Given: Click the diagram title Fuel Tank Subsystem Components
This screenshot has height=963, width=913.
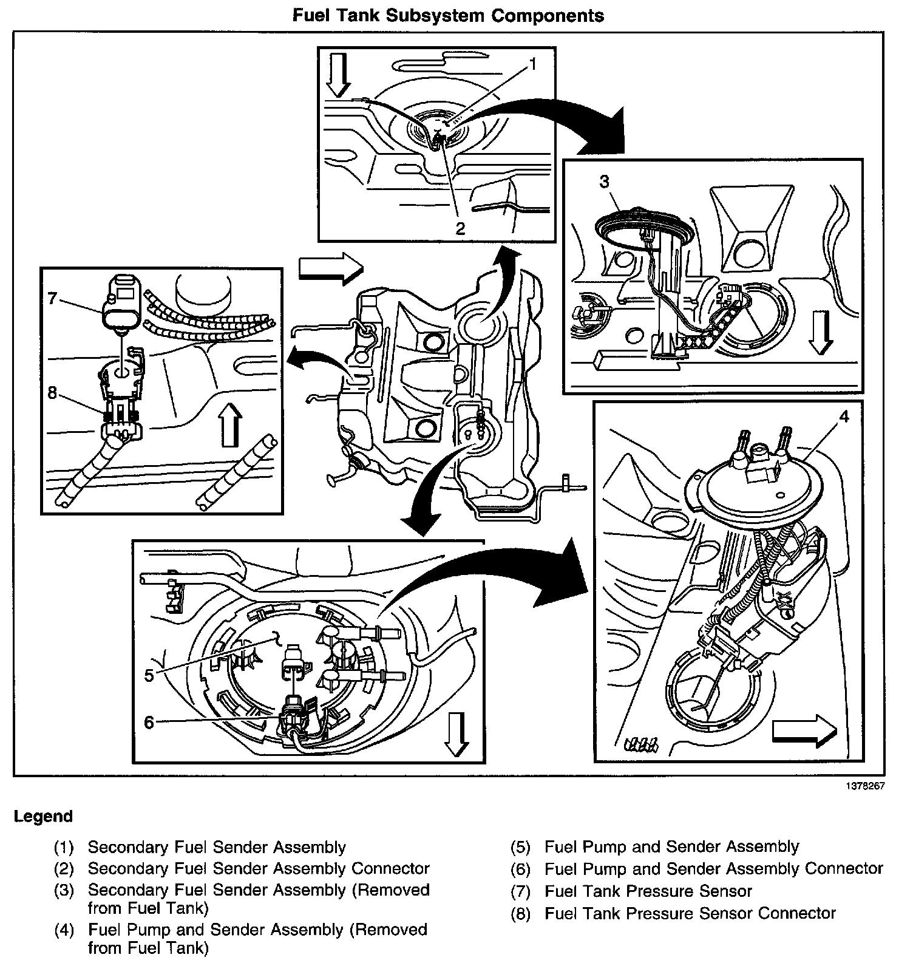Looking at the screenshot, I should tap(448, 15).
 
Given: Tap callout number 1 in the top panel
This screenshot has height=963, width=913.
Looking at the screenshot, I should tap(532, 64).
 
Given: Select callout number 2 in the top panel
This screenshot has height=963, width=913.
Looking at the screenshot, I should tap(460, 228).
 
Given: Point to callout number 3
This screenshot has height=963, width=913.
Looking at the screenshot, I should tap(604, 181).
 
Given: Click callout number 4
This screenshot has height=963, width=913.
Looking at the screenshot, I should tap(844, 417).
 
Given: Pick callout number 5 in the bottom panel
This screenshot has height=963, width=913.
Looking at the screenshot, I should tap(149, 675).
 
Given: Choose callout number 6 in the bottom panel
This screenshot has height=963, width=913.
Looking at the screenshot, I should tap(149, 723).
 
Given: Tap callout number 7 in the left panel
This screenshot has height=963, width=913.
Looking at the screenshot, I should tap(52, 298).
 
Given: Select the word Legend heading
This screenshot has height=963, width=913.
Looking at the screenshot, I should tap(43, 816).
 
